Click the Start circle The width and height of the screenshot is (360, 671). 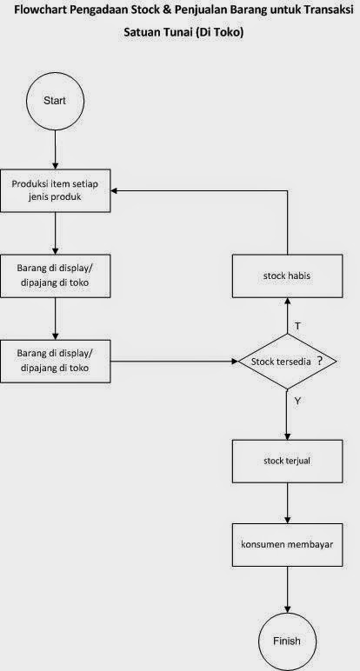(55, 100)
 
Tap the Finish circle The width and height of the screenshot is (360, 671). (287, 641)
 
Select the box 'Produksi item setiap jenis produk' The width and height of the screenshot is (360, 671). (55, 189)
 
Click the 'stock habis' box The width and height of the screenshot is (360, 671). (287, 277)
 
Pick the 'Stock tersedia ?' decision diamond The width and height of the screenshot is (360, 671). (287, 361)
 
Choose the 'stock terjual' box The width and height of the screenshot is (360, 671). (287, 461)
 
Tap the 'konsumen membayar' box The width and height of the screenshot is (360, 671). (287, 545)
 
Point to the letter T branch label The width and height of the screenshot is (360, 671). (297, 325)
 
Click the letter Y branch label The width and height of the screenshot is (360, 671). (297, 402)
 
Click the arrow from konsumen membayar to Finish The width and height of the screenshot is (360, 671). (287, 591)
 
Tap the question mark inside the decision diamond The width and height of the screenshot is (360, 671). (320, 360)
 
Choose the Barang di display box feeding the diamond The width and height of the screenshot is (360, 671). (55, 361)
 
